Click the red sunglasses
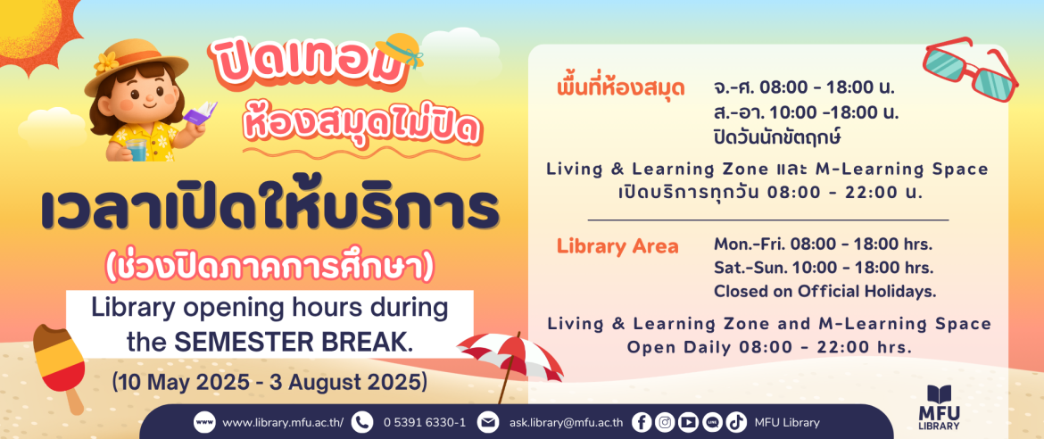971,69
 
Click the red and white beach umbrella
510,359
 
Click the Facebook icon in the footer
642,422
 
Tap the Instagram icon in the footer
665,422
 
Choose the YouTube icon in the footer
689,422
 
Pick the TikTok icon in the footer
736,422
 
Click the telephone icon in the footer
362,422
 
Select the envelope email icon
488,422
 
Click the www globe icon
204,422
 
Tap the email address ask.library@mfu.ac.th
567,422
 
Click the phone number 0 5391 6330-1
424,422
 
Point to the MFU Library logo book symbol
939,393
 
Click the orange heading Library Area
617,246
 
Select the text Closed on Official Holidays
825,291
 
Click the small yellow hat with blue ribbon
400,49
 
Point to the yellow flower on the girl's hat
106,62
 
